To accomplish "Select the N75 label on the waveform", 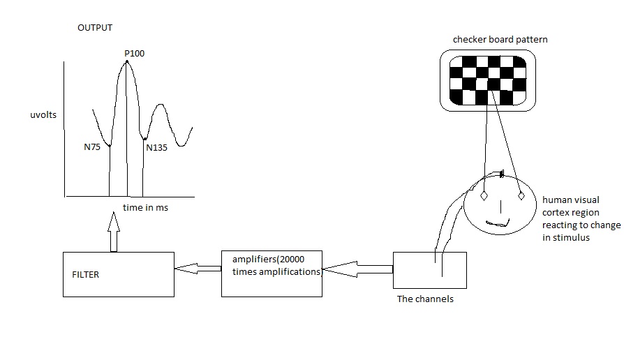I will click(92, 147).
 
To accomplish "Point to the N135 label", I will click(157, 147).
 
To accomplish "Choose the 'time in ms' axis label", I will click(145, 208).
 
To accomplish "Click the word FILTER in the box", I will click(86, 275).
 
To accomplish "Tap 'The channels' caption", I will click(425, 299).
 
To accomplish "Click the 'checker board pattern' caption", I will click(500, 40).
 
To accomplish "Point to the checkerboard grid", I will click(488, 80).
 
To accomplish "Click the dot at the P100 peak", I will click(127, 61).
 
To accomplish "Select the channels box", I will click(430, 269).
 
